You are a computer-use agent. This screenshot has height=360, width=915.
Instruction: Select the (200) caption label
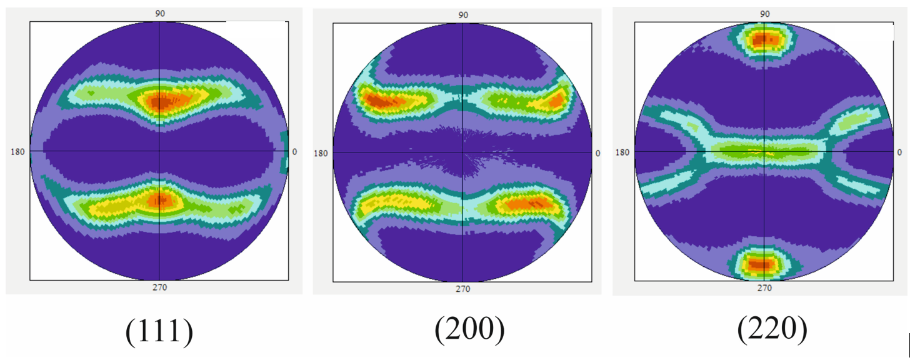tap(469, 329)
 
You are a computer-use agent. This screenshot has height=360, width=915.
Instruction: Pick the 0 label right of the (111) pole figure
tap(294, 151)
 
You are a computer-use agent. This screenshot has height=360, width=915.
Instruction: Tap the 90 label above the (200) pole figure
tap(462, 16)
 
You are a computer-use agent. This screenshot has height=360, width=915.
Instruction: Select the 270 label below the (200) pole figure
tap(462, 289)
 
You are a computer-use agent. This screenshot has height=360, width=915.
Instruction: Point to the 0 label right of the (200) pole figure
tap(597, 153)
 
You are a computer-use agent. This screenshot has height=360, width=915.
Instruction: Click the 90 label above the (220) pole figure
tap(764, 14)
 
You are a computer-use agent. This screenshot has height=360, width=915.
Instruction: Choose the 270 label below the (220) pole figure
tap(764, 287)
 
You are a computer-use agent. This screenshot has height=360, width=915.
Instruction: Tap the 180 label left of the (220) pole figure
tap(623, 152)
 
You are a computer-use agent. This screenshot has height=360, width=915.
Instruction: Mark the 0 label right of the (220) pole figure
tap(899, 152)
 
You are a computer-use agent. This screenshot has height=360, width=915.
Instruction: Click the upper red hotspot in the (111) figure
tap(161, 101)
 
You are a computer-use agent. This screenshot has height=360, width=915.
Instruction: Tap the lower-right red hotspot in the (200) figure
tap(530, 203)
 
